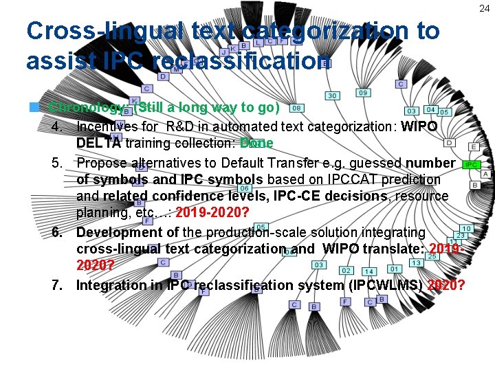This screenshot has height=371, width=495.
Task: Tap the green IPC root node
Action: [471, 165]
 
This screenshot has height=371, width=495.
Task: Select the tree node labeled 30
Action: [332, 95]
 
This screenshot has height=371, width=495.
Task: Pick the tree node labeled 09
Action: [363, 93]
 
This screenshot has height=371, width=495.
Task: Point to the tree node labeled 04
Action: [430, 109]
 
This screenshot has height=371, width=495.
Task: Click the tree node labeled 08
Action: [297, 108]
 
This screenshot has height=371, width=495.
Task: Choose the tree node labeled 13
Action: [416, 262]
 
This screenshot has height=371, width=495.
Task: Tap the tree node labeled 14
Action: [369, 271]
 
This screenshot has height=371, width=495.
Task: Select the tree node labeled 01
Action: [394, 269]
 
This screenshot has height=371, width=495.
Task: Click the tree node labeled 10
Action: [466, 228]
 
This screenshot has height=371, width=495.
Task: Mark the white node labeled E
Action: [474, 146]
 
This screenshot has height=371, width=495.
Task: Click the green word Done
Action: [256, 144]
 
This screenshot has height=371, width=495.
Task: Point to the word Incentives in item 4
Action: [109, 127]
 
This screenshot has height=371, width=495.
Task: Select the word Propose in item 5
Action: [102, 163]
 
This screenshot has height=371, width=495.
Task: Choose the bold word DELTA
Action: [97, 144]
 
